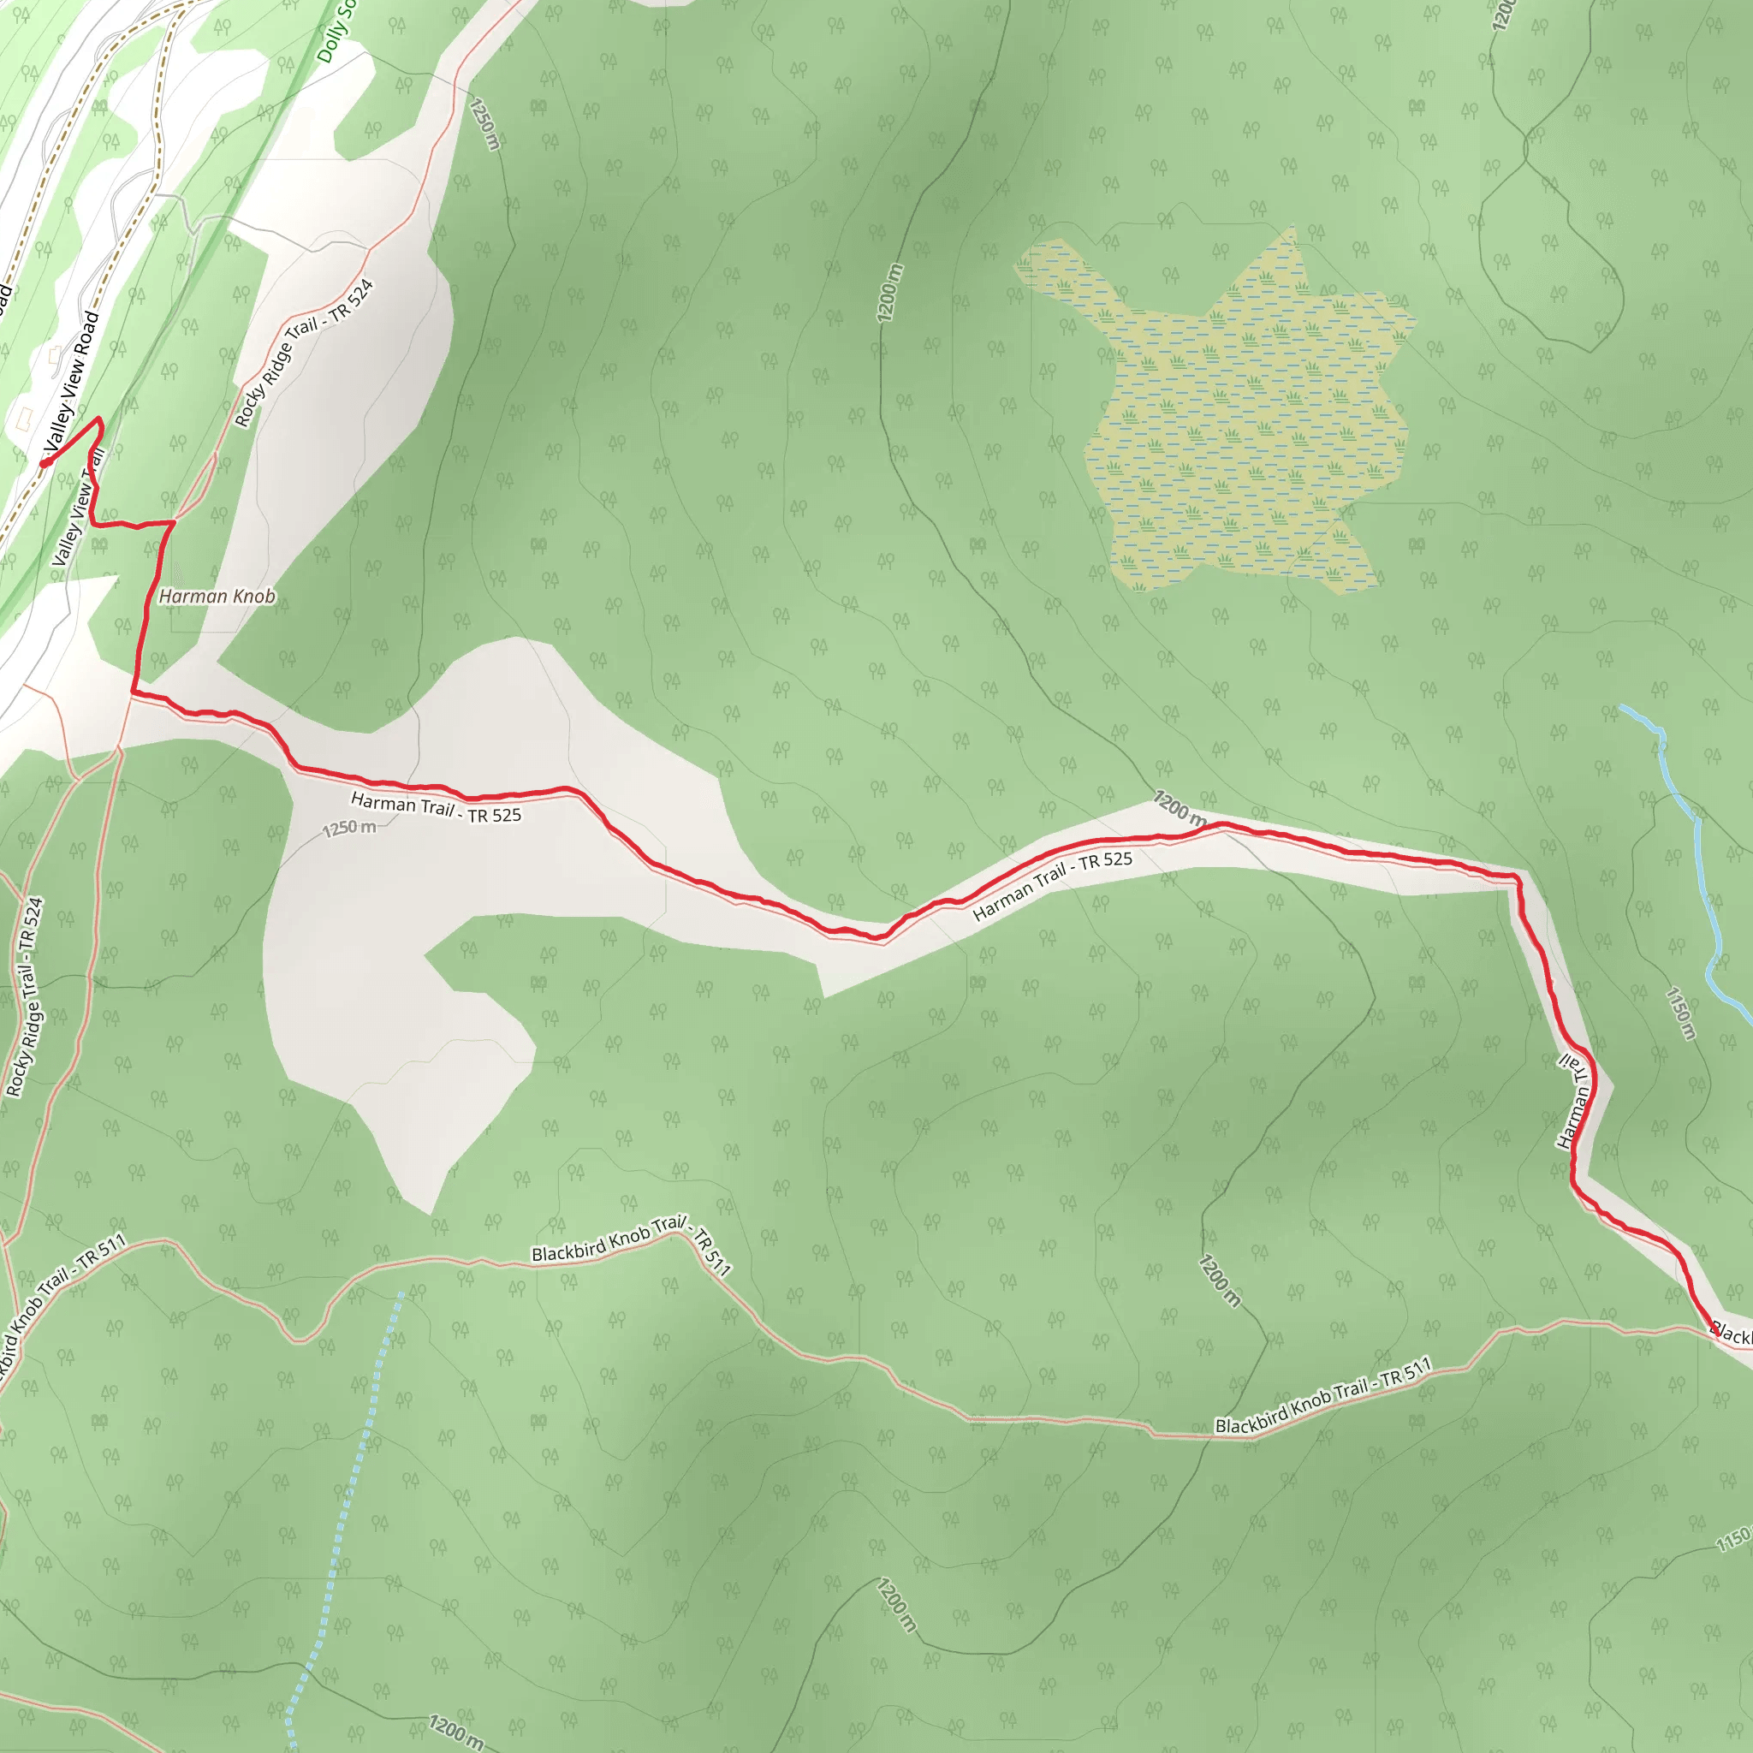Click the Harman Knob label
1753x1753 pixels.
coord(217,596)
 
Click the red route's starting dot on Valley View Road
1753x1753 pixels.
coord(44,464)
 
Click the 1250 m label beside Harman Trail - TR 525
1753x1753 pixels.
coord(349,828)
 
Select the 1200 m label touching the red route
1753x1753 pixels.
coord(1180,807)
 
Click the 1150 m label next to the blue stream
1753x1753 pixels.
coord(1680,1013)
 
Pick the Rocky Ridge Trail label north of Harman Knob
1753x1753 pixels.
coord(304,353)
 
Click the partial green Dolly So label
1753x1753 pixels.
coord(336,32)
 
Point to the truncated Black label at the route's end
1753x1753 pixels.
coord(1732,1334)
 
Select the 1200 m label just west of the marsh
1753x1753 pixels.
coord(890,293)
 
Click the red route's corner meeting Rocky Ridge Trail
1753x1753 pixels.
coord(173,522)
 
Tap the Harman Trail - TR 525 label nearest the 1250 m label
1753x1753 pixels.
coord(436,807)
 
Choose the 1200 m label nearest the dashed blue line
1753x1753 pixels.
coord(455,1730)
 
